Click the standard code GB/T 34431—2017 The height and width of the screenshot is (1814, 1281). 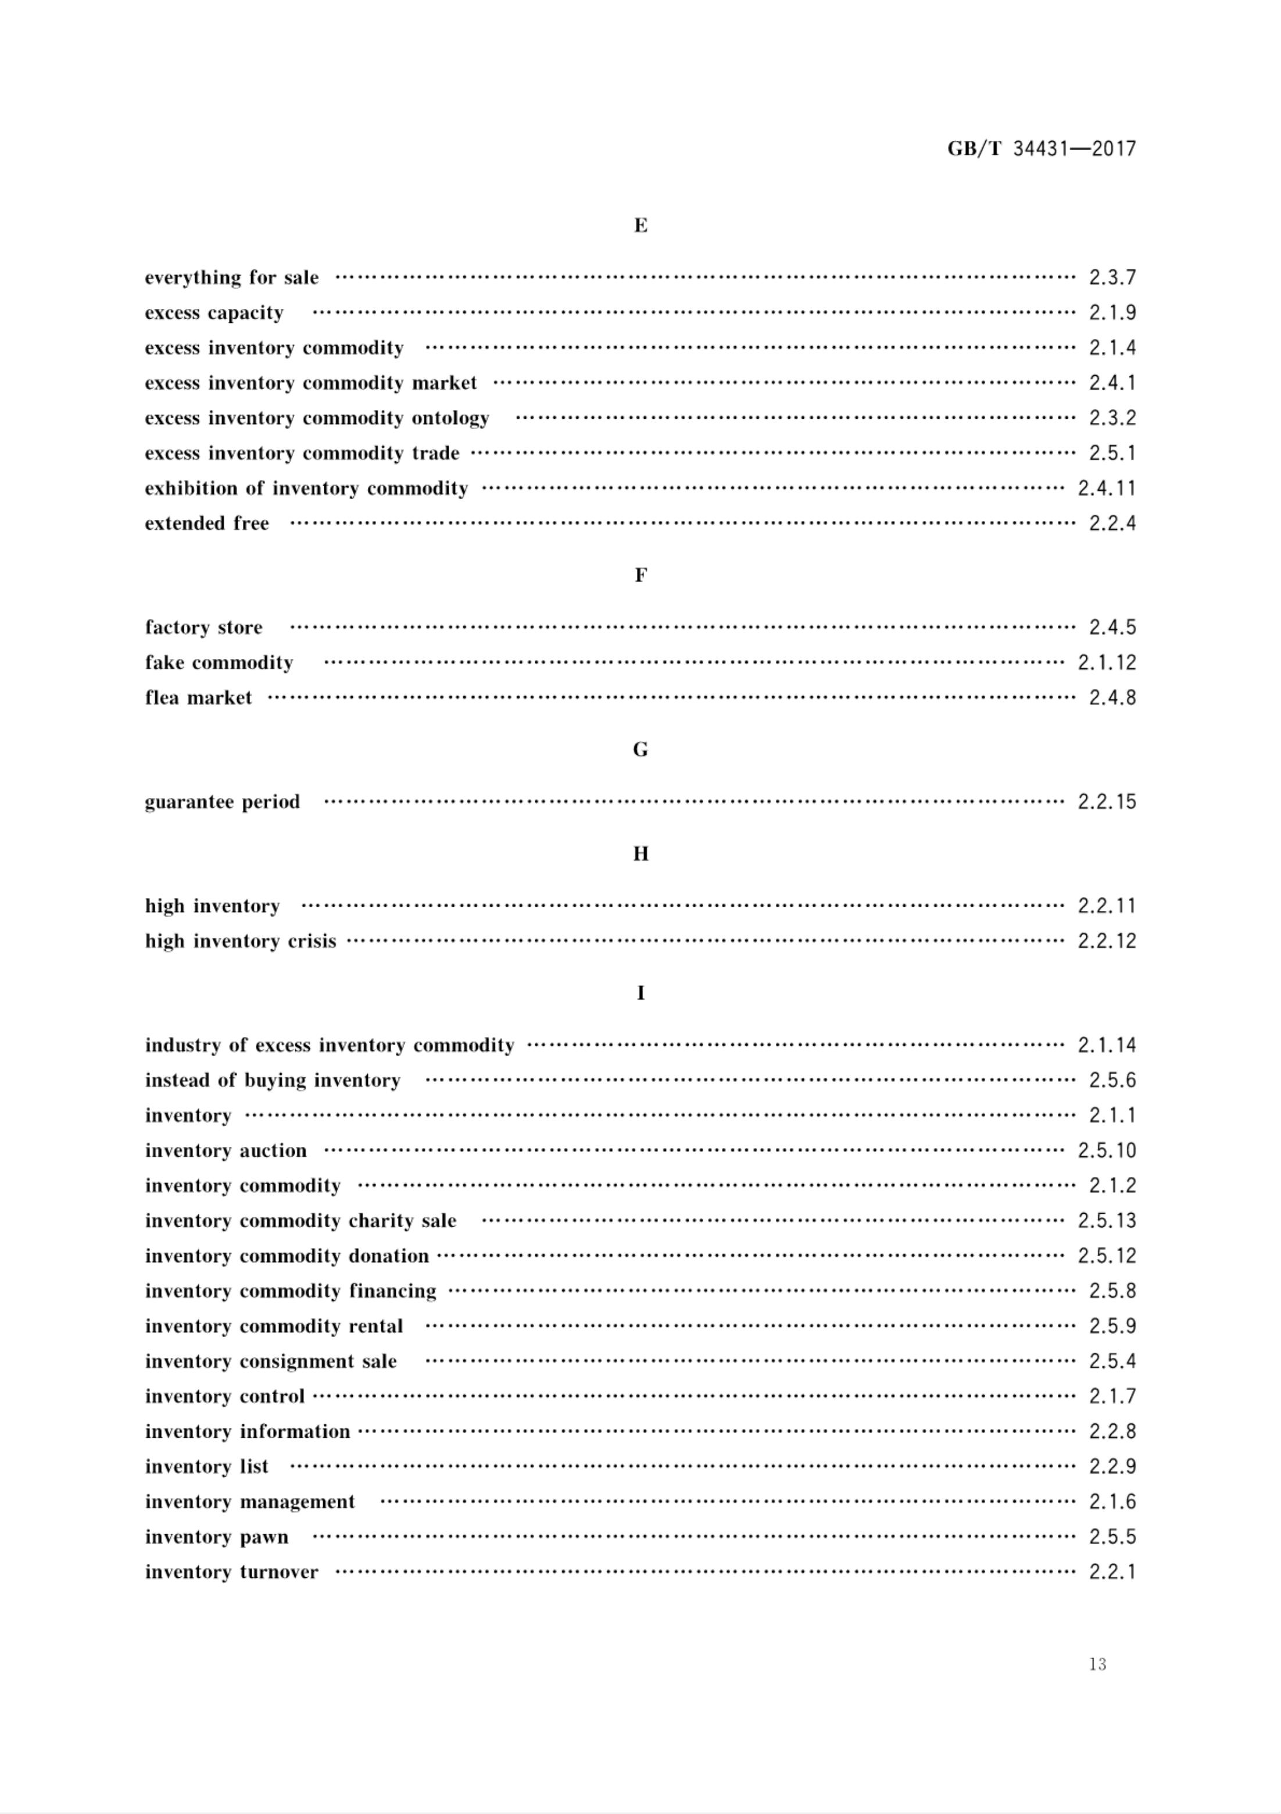pos(1041,148)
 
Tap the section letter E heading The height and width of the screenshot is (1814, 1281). pos(640,226)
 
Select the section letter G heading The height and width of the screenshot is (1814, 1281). pos(640,750)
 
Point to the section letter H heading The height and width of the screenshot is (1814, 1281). pos(640,854)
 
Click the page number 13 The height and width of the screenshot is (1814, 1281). pos(1097,1664)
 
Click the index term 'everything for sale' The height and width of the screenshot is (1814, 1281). pos(231,278)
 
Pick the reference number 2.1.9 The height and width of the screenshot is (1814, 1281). pos(1112,313)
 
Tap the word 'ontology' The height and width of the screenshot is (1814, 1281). pos(450,419)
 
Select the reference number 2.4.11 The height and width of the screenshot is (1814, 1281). pos(1107,489)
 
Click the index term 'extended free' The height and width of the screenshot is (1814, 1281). pos(207,524)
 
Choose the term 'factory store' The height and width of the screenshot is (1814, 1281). pos(204,628)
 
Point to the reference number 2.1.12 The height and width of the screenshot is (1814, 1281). pos(1107,663)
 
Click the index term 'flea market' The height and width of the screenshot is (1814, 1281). pos(198,698)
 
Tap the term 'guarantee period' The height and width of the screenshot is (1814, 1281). pos(223,802)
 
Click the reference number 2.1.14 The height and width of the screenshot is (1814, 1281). pos(1107,1045)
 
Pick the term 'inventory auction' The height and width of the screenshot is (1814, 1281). pos(226,1150)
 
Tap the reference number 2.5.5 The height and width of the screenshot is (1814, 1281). pos(1112,1537)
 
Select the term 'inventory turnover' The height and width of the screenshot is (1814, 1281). pos(231,1571)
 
